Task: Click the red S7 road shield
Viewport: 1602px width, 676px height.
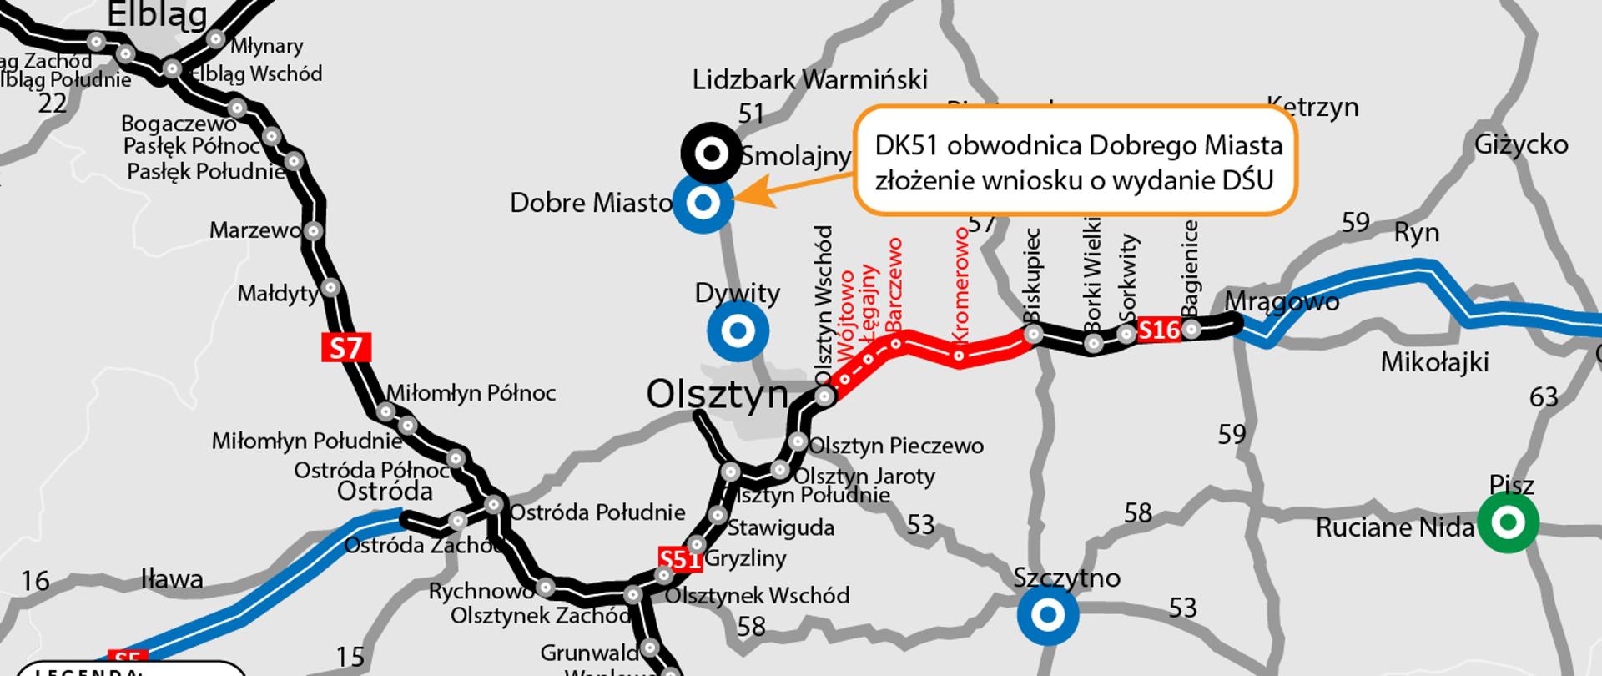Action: (345, 347)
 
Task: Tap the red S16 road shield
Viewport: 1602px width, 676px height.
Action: (1159, 330)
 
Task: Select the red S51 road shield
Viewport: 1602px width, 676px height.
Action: (679, 559)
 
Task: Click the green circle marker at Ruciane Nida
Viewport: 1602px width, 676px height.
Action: (1508, 522)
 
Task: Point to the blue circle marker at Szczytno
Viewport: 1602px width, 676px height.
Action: (1048, 615)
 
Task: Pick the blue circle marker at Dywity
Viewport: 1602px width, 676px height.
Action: (738, 331)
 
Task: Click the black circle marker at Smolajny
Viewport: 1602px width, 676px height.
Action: (712, 153)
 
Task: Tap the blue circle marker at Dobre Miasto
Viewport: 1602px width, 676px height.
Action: (703, 203)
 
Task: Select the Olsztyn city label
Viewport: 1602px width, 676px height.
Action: (717, 395)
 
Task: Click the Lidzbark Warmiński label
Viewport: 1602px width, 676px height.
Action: (809, 80)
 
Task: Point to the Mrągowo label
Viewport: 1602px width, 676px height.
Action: (1282, 301)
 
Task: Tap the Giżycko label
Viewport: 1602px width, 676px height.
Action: (1521, 144)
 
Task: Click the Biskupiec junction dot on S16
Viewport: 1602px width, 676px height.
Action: (1034, 334)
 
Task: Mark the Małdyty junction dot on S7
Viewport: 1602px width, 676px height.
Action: (330, 288)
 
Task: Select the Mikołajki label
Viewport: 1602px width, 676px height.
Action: (1435, 362)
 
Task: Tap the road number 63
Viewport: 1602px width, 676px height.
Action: (1544, 396)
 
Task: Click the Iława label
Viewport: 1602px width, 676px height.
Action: (172, 578)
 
